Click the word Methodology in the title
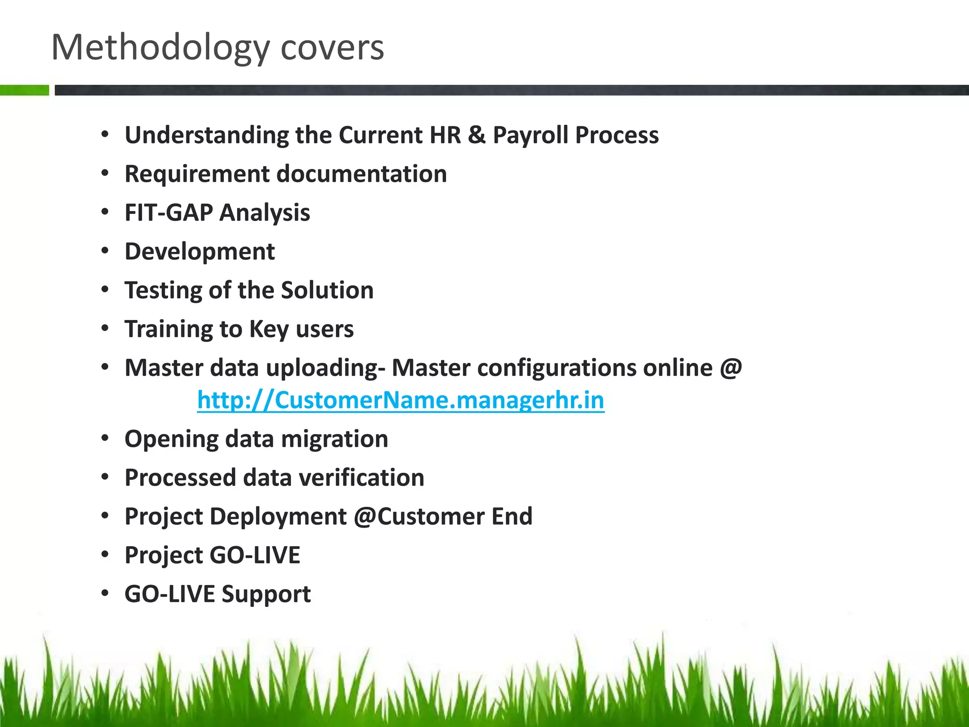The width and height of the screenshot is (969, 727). pyautogui.click(x=160, y=48)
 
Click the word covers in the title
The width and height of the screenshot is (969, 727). pyautogui.click(x=332, y=48)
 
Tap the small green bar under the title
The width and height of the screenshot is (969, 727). pyautogui.click(x=25, y=90)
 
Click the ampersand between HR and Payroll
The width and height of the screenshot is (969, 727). pyautogui.click(x=476, y=135)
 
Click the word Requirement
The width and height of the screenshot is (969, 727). pyautogui.click(x=197, y=174)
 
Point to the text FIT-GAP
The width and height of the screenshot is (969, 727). pyautogui.click(x=168, y=213)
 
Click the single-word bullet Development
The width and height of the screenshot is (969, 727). pyautogui.click(x=199, y=251)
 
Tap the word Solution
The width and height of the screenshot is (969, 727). pyautogui.click(x=327, y=290)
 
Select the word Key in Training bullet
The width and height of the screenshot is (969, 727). pyautogui.click(x=269, y=329)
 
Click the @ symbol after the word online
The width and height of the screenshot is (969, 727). pyautogui.click(x=731, y=368)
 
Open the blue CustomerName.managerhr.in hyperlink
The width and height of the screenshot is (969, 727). pyautogui.click(x=400, y=400)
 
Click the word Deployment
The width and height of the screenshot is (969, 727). pyautogui.click(x=278, y=516)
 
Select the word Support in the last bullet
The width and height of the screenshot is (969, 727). pyautogui.click(x=266, y=594)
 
